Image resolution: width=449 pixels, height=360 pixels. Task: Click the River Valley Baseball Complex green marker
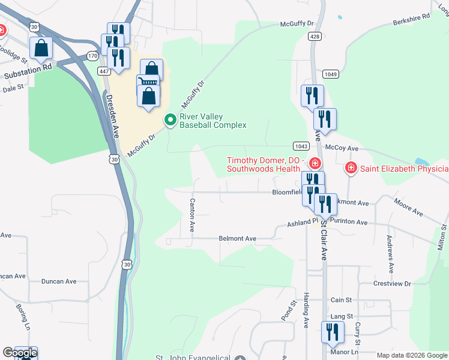click(170, 121)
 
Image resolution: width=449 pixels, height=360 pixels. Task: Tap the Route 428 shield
click(315, 37)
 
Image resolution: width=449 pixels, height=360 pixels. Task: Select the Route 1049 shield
click(330, 74)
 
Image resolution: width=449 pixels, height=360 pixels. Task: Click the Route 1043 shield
click(301, 146)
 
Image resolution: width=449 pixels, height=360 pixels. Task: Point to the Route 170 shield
click(92, 56)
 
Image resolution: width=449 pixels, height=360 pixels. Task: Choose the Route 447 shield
click(104, 71)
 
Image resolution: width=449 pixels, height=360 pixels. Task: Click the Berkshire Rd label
click(412, 19)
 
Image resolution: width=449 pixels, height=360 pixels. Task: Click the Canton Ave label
click(192, 215)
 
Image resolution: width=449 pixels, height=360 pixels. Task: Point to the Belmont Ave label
click(237, 239)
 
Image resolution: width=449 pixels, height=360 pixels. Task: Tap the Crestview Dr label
click(391, 283)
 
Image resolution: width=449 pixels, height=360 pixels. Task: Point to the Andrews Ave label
click(390, 253)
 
